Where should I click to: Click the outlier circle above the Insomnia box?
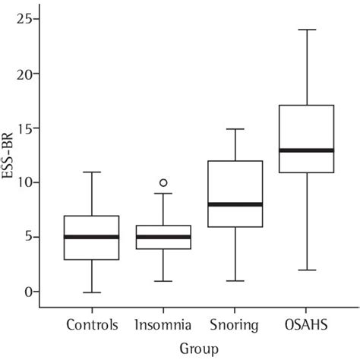click(163, 182)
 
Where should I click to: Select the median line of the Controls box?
click(91, 237)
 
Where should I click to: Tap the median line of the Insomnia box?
click(163, 237)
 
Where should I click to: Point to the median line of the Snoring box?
click(235, 204)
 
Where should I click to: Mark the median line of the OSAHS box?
click(307, 150)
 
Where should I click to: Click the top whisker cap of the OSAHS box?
click(307, 30)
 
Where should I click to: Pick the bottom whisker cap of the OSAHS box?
click(307, 270)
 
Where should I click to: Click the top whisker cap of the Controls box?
click(91, 172)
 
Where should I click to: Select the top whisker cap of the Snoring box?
click(235, 128)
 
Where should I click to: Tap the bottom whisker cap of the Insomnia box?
click(163, 281)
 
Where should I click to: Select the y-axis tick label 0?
click(30, 292)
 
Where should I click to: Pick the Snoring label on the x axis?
click(235, 326)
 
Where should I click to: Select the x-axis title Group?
click(198, 349)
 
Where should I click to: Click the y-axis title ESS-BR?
click(10, 156)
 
